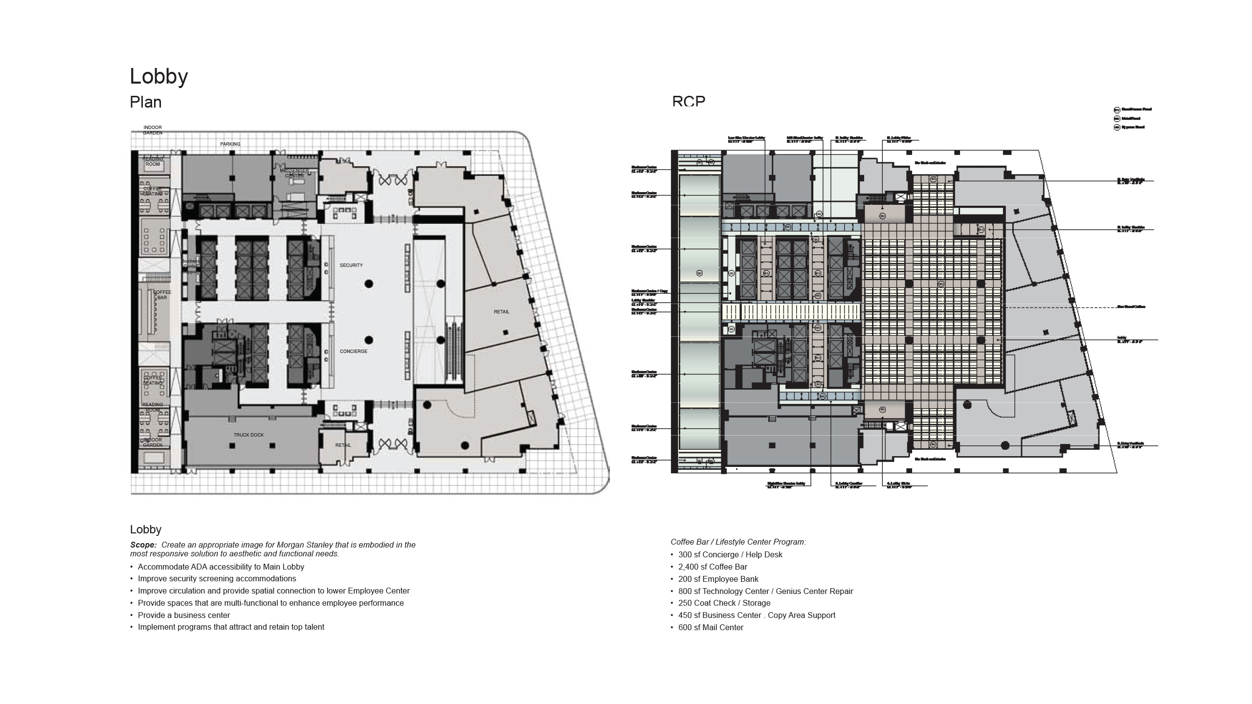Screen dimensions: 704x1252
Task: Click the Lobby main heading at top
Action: click(x=158, y=77)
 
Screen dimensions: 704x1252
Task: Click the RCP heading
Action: click(x=689, y=101)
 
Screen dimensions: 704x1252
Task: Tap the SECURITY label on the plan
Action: click(x=351, y=265)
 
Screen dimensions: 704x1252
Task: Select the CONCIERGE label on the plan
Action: click(x=353, y=352)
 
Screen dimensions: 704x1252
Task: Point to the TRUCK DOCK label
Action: click(x=248, y=435)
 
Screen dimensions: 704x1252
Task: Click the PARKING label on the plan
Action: click(x=230, y=144)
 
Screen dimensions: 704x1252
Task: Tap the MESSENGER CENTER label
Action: click(x=294, y=173)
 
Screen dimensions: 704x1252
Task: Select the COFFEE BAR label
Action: click(x=162, y=295)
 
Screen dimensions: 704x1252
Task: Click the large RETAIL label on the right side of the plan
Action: click(x=501, y=312)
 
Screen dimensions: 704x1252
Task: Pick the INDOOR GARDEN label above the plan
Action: click(x=153, y=130)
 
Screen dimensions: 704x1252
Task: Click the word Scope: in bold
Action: click(x=143, y=545)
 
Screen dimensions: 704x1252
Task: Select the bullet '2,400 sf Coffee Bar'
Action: click(x=713, y=567)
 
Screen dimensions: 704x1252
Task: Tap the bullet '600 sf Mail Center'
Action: click(x=711, y=628)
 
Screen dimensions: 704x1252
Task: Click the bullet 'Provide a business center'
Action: click(x=183, y=616)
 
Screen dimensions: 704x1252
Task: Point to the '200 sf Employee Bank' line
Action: click(x=718, y=579)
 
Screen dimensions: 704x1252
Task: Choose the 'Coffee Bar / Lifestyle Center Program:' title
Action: click(x=738, y=542)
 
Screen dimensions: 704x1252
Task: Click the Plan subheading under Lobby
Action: click(x=145, y=102)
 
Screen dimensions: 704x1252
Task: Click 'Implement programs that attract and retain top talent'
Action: click(x=231, y=627)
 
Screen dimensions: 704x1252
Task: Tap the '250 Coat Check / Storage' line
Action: click(x=724, y=603)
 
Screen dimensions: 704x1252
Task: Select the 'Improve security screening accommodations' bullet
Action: click(x=217, y=579)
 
